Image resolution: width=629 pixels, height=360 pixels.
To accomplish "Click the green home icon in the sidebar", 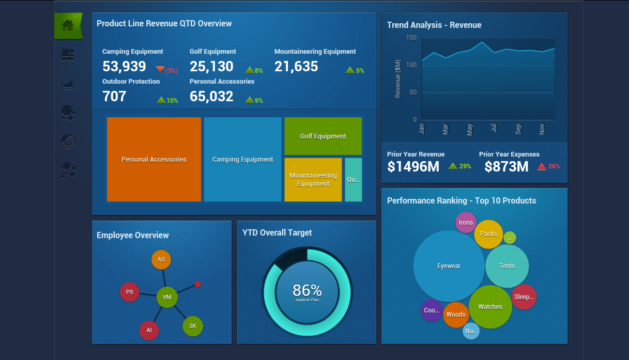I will [x=68, y=25].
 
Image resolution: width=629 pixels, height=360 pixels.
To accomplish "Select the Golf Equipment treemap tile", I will [x=323, y=136].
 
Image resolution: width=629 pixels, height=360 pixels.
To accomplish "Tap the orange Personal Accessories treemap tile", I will [x=154, y=159].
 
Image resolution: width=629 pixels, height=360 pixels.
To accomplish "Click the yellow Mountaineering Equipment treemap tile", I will [x=313, y=180].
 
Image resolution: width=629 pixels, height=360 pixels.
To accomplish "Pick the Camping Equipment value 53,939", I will [x=124, y=67].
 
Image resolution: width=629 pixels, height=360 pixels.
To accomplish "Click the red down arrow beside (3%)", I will [x=160, y=70].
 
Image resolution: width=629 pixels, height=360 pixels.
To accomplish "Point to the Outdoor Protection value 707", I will [x=114, y=97].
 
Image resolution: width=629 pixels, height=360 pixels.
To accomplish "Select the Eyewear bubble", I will [x=449, y=266].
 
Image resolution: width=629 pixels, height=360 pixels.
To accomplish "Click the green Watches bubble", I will [x=490, y=307].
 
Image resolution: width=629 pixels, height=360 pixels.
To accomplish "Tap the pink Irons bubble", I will [x=466, y=223].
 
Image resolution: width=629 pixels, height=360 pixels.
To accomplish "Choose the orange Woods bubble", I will [x=456, y=315].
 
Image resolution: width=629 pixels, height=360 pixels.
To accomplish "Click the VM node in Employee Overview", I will [x=167, y=298].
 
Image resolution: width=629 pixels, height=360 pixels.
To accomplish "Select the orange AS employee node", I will [x=161, y=260].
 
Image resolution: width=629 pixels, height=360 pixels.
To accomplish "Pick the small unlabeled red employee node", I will [x=197, y=284].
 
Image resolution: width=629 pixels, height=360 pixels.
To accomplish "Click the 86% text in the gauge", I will [x=307, y=290].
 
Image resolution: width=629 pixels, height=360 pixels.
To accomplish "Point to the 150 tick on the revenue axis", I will [x=411, y=38].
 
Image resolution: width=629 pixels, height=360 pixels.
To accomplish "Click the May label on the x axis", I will [x=470, y=130].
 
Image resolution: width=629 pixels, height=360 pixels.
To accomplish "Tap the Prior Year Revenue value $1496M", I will [x=413, y=167].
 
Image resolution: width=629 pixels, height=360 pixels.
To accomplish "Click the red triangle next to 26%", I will [x=542, y=166].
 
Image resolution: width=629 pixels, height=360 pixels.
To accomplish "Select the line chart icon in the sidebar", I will [x=68, y=85].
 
